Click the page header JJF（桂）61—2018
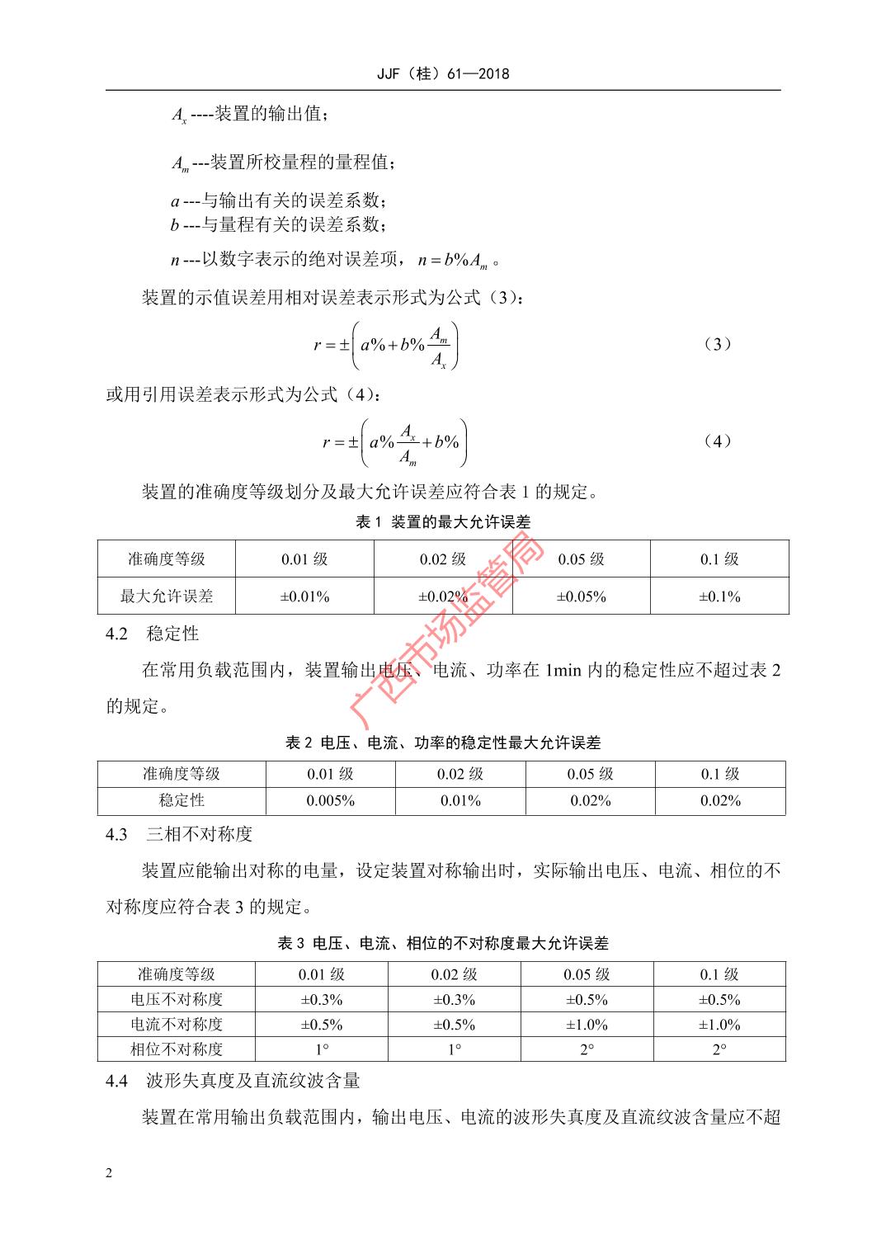[443, 73]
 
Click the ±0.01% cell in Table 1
[304, 596]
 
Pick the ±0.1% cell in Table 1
[719, 596]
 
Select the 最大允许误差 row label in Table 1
[167, 596]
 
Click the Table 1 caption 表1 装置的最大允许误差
[443, 522]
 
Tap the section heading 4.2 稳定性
[153, 634]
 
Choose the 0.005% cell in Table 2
[330, 801]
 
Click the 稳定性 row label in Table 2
[181, 801]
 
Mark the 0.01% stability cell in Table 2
[460, 801]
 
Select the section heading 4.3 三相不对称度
[179, 834]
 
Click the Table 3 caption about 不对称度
[443, 943]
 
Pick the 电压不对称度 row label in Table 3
[177, 1000]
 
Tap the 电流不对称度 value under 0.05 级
[587, 1025]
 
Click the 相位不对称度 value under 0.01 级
[322, 1049]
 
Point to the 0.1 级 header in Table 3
[719, 974]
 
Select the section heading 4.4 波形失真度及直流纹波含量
[233, 1081]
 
